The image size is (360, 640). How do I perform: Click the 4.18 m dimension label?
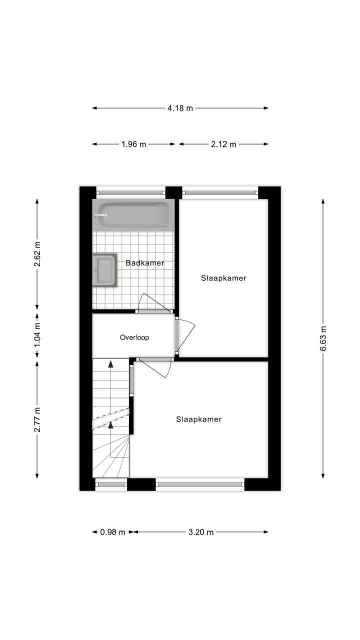pyautogui.click(x=180, y=108)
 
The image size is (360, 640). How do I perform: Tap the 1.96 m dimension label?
pyautogui.click(x=133, y=144)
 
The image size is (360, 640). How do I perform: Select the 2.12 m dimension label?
pyautogui.click(x=223, y=144)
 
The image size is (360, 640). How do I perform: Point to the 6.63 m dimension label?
pyautogui.click(x=323, y=338)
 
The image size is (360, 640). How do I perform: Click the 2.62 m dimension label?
pyautogui.click(x=37, y=254)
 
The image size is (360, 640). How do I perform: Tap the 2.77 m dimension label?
pyautogui.click(x=37, y=419)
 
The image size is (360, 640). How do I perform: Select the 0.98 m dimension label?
pyautogui.click(x=112, y=532)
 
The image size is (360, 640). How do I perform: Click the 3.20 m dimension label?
pyautogui.click(x=201, y=532)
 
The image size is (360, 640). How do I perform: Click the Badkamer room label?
pyautogui.click(x=145, y=263)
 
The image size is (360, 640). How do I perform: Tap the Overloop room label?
pyautogui.click(x=134, y=337)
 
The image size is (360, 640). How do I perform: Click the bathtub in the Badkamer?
pyautogui.click(x=133, y=214)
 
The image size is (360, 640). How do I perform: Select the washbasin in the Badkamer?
pyautogui.click(x=104, y=270)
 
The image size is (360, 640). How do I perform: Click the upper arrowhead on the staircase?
pyautogui.click(x=110, y=363)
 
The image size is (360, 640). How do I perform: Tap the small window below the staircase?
pyautogui.click(x=111, y=484)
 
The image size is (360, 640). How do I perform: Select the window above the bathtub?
pyautogui.click(x=130, y=193)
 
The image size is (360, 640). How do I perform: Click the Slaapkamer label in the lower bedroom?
pyautogui.click(x=199, y=419)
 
